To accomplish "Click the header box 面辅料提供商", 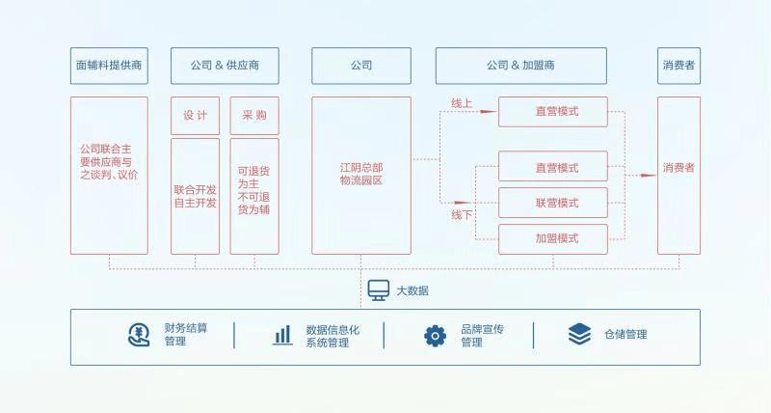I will click(x=109, y=66).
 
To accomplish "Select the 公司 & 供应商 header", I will click(x=225, y=66).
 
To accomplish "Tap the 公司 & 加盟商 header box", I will click(x=520, y=66).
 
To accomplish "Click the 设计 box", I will click(x=196, y=115).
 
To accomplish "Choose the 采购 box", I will click(x=254, y=115).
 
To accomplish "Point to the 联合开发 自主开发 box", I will click(x=196, y=196).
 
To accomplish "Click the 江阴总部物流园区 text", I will click(x=361, y=174).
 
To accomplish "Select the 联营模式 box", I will click(x=553, y=203).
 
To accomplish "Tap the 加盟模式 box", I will click(x=553, y=238).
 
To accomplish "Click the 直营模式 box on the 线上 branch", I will click(x=553, y=111).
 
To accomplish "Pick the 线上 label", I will click(x=463, y=102).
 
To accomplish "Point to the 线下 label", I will click(x=463, y=214).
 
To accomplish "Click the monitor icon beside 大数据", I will click(x=378, y=289).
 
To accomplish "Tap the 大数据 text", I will click(x=412, y=290).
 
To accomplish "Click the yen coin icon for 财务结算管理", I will click(x=140, y=335).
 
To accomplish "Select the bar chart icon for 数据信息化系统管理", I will click(x=282, y=335).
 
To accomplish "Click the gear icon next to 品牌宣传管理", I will click(x=436, y=335).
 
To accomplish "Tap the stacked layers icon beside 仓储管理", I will click(x=579, y=334).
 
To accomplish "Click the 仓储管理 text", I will click(x=625, y=335).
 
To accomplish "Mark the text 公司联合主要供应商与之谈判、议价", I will click(x=109, y=162).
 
